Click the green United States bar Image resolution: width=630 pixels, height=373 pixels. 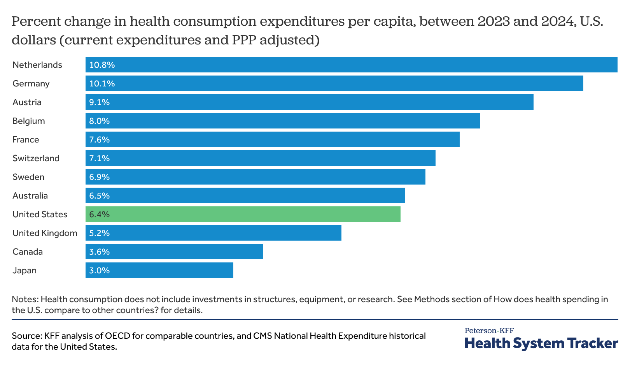(x=243, y=214)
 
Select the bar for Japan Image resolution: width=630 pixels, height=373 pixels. (x=159, y=270)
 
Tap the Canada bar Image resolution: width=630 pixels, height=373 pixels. (x=174, y=252)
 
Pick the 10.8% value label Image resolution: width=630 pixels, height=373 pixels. (x=102, y=65)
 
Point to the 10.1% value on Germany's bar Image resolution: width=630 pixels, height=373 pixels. (x=102, y=83)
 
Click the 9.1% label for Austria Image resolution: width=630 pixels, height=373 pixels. (x=100, y=102)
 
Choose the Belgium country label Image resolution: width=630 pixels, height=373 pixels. (x=29, y=121)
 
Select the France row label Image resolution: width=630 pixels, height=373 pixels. (x=26, y=139)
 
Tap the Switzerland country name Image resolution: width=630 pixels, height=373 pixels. (x=36, y=158)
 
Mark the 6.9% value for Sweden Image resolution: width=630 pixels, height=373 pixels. (x=100, y=177)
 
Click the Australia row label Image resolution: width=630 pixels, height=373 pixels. (x=30, y=195)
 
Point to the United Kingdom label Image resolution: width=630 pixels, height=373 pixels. (x=45, y=233)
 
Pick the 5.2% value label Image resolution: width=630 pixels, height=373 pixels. (x=100, y=233)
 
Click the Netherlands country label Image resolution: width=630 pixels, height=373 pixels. (x=37, y=65)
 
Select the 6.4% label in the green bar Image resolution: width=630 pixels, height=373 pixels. (x=100, y=214)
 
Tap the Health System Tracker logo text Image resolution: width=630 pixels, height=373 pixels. (x=541, y=343)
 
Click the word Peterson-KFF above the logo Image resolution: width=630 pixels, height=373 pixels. (x=489, y=331)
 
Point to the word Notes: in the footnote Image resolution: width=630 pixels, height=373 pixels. (x=25, y=299)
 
